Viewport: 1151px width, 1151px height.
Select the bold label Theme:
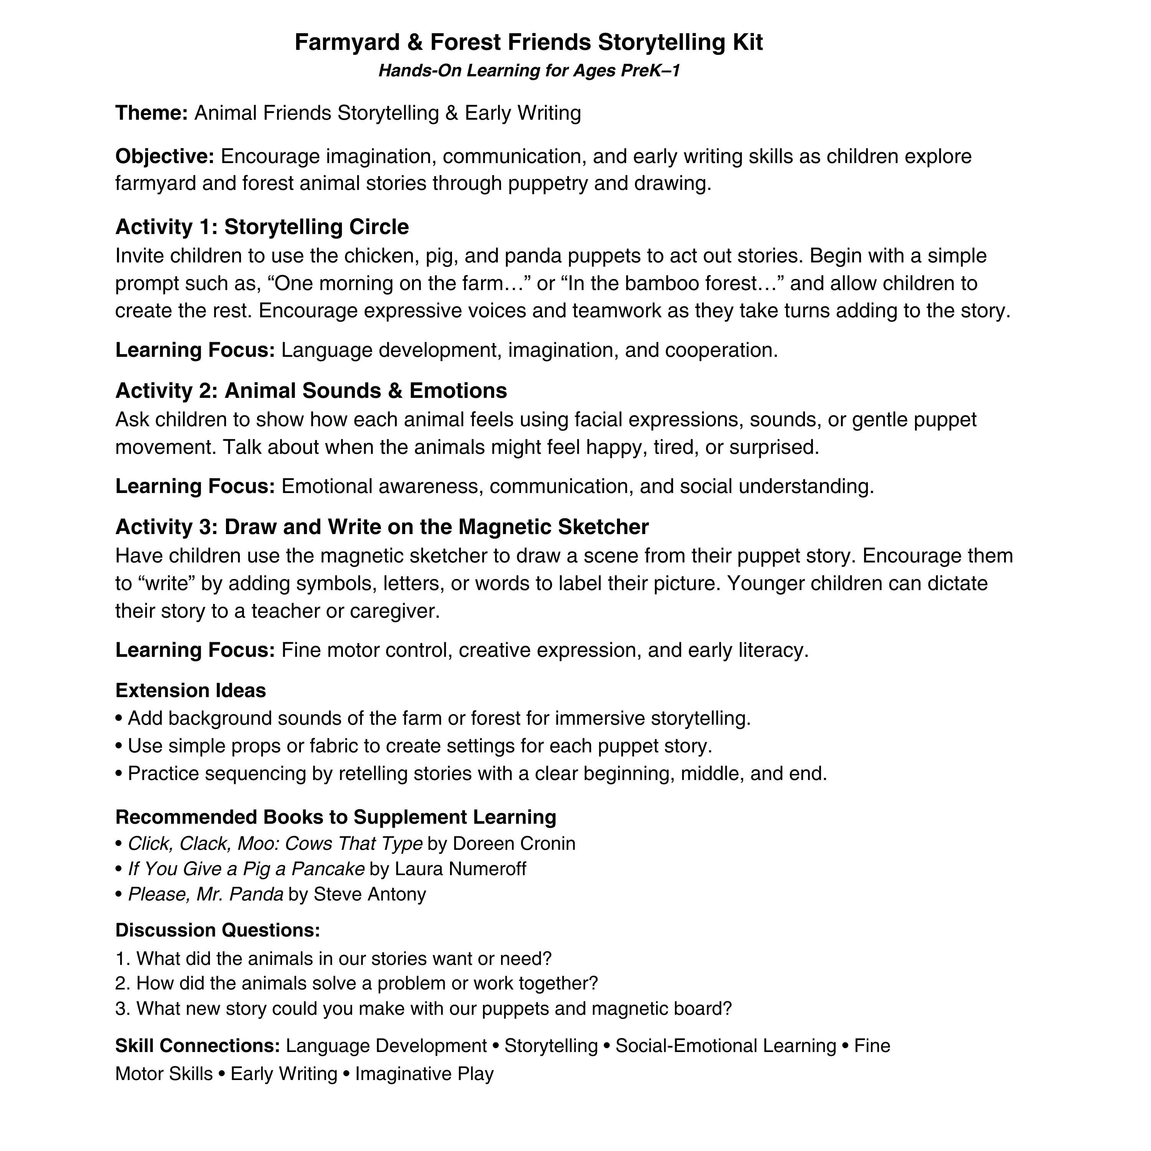(151, 112)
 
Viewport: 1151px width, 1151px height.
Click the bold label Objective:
(165, 157)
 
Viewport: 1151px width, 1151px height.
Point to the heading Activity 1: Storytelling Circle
(262, 227)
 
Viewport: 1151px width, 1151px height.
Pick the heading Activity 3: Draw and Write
(381, 527)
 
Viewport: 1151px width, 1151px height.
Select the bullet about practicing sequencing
(471, 773)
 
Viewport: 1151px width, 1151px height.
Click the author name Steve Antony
(369, 894)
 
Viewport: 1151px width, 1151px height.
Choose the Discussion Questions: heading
(218, 930)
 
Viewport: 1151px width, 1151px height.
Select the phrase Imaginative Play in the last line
(424, 1073)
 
